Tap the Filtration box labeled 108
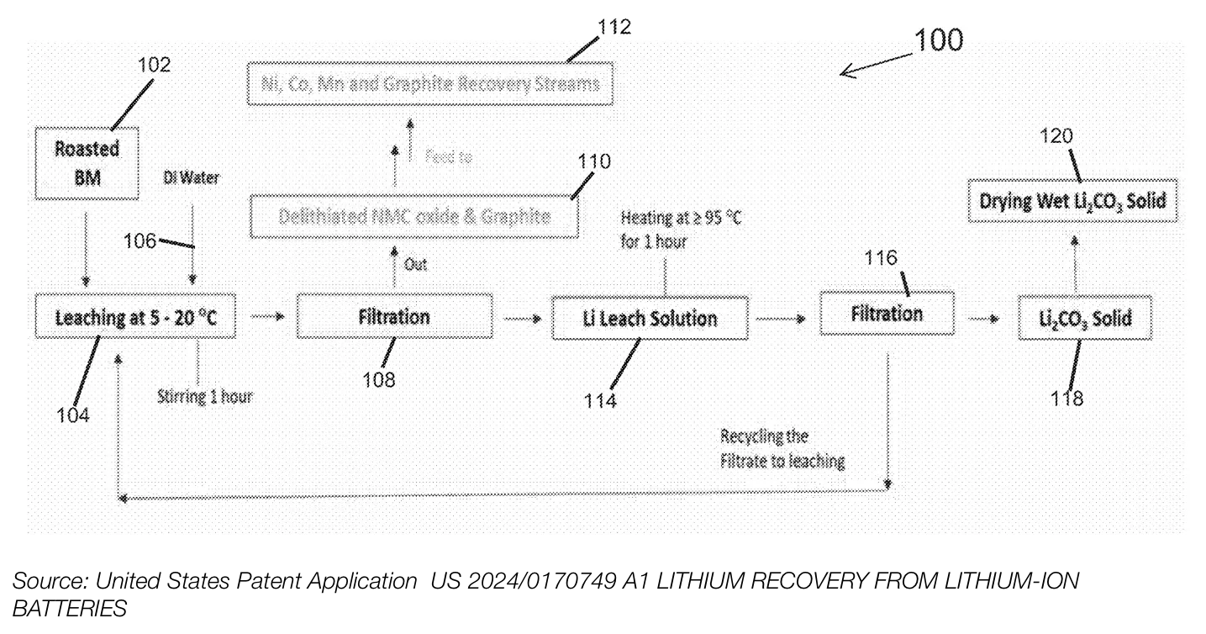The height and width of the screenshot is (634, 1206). pos(395,316)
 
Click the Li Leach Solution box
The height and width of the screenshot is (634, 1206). pos(649,318)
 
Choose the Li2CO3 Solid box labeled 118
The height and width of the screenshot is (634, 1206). pos(1082,319)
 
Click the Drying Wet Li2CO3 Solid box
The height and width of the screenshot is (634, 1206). pos(1072,202)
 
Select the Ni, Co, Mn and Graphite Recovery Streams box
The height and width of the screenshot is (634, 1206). pos(429,84)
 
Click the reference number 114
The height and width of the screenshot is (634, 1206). pos(601,401)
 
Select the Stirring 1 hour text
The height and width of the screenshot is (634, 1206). pos(204,396)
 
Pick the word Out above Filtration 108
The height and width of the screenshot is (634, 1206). pos(417,264)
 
